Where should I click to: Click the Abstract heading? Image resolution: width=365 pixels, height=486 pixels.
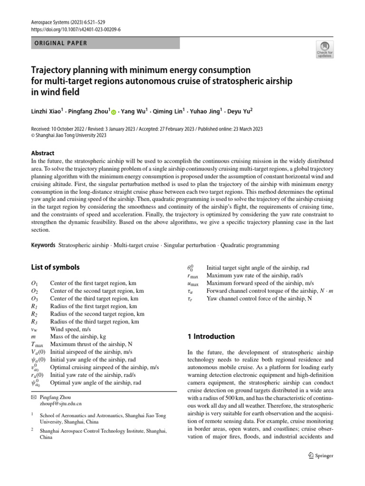[x=43, y=153]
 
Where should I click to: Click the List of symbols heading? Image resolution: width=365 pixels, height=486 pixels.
[x=55, y=267]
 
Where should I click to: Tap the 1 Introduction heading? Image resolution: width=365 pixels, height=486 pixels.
[x=212, y=336]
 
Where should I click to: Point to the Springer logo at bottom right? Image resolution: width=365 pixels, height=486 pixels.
[x=318, y=455]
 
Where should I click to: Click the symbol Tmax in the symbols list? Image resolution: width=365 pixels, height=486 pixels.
[x=37, y=345]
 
